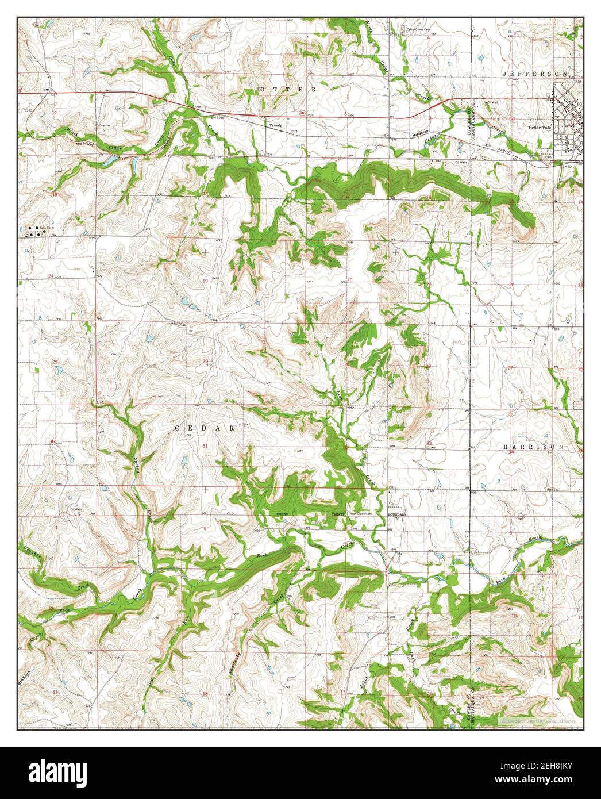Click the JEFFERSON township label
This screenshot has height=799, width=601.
(535, 74)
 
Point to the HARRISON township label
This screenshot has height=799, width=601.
(535, 447)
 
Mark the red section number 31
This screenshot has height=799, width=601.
(205, 445)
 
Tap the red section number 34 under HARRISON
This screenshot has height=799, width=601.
(513, 451)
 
